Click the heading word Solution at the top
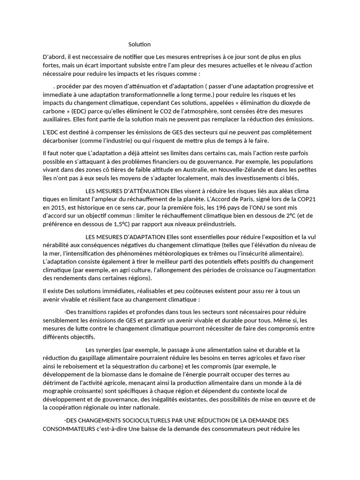(x=140, y=45)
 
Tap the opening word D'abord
(x=53, y=57)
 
